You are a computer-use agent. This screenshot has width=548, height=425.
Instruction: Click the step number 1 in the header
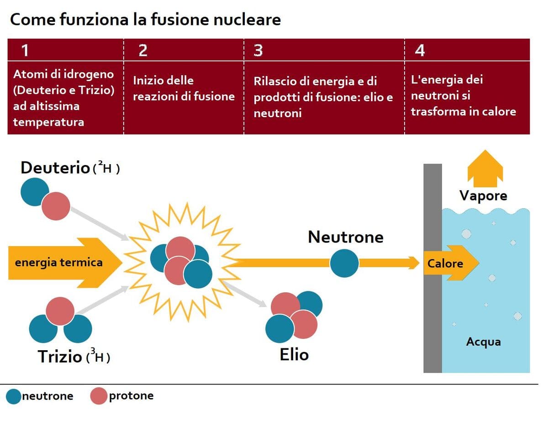click(25, 50)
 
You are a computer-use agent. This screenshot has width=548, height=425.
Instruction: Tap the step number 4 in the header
click(419, 50)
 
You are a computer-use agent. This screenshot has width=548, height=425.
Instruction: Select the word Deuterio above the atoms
click(55, 168)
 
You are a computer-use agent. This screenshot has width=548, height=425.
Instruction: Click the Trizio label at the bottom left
click(60, 356)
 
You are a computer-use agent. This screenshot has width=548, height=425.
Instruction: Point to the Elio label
click(294, 354)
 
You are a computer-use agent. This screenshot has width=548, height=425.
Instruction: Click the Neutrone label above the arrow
click(346, 237)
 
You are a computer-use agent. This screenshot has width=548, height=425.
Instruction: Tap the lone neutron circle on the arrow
click(344, 263)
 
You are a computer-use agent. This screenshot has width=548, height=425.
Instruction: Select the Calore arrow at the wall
click(450, 263)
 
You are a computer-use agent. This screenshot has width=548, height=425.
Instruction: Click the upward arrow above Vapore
click(485, 168)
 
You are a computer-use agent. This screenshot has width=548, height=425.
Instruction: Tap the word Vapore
click(483, 196)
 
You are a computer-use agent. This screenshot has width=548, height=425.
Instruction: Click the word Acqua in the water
click(483, 342)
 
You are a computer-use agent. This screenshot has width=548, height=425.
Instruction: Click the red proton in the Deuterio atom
click(56, 206)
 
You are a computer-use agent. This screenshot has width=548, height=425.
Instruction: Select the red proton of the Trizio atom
click(60, 311)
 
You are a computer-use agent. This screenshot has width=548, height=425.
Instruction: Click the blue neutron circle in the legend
click(14, 396)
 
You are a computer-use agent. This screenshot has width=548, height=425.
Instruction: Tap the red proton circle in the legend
click(98, 396)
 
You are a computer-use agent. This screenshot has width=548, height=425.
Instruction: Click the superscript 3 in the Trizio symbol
click(93, 351)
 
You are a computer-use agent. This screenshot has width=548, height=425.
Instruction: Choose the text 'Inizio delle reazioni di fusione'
click(184, 88)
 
